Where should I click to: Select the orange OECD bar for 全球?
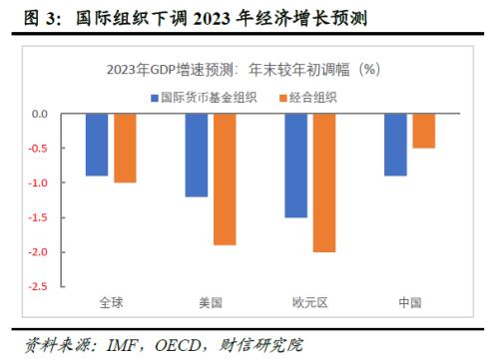(x=125, y=148)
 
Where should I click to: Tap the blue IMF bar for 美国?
(x=197, y=155)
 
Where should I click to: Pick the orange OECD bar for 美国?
(x=225, y=179)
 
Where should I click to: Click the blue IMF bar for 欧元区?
(x=296, y=166)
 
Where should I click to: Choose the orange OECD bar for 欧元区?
(x=324, y=182)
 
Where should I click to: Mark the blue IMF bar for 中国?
(x=396, y=145)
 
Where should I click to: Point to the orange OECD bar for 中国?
(x=424, y=131)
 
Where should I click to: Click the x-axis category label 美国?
(x=211, y=302)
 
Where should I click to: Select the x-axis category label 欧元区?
(x=310, y=302)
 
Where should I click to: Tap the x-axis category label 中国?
(x=410, y=302)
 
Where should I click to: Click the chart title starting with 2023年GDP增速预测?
(x=246, y=70)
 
